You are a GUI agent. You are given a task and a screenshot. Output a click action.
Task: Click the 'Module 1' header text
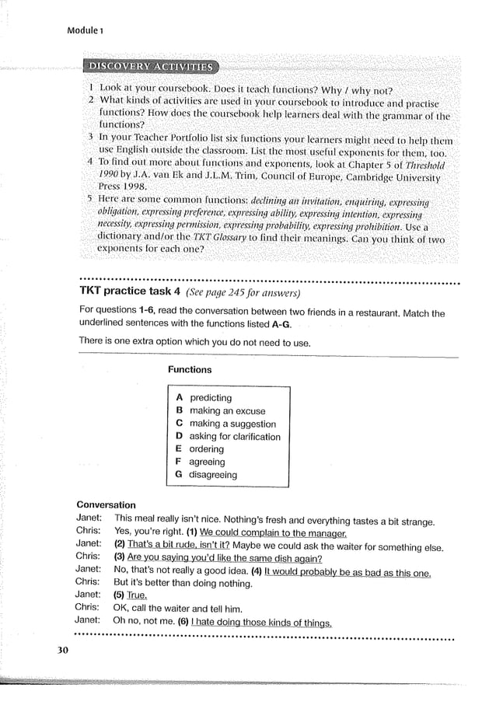pos(89,30)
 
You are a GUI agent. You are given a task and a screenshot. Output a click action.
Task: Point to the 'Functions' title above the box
pos(190,370)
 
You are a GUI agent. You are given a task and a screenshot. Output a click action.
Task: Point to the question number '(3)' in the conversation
pos(120,558)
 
